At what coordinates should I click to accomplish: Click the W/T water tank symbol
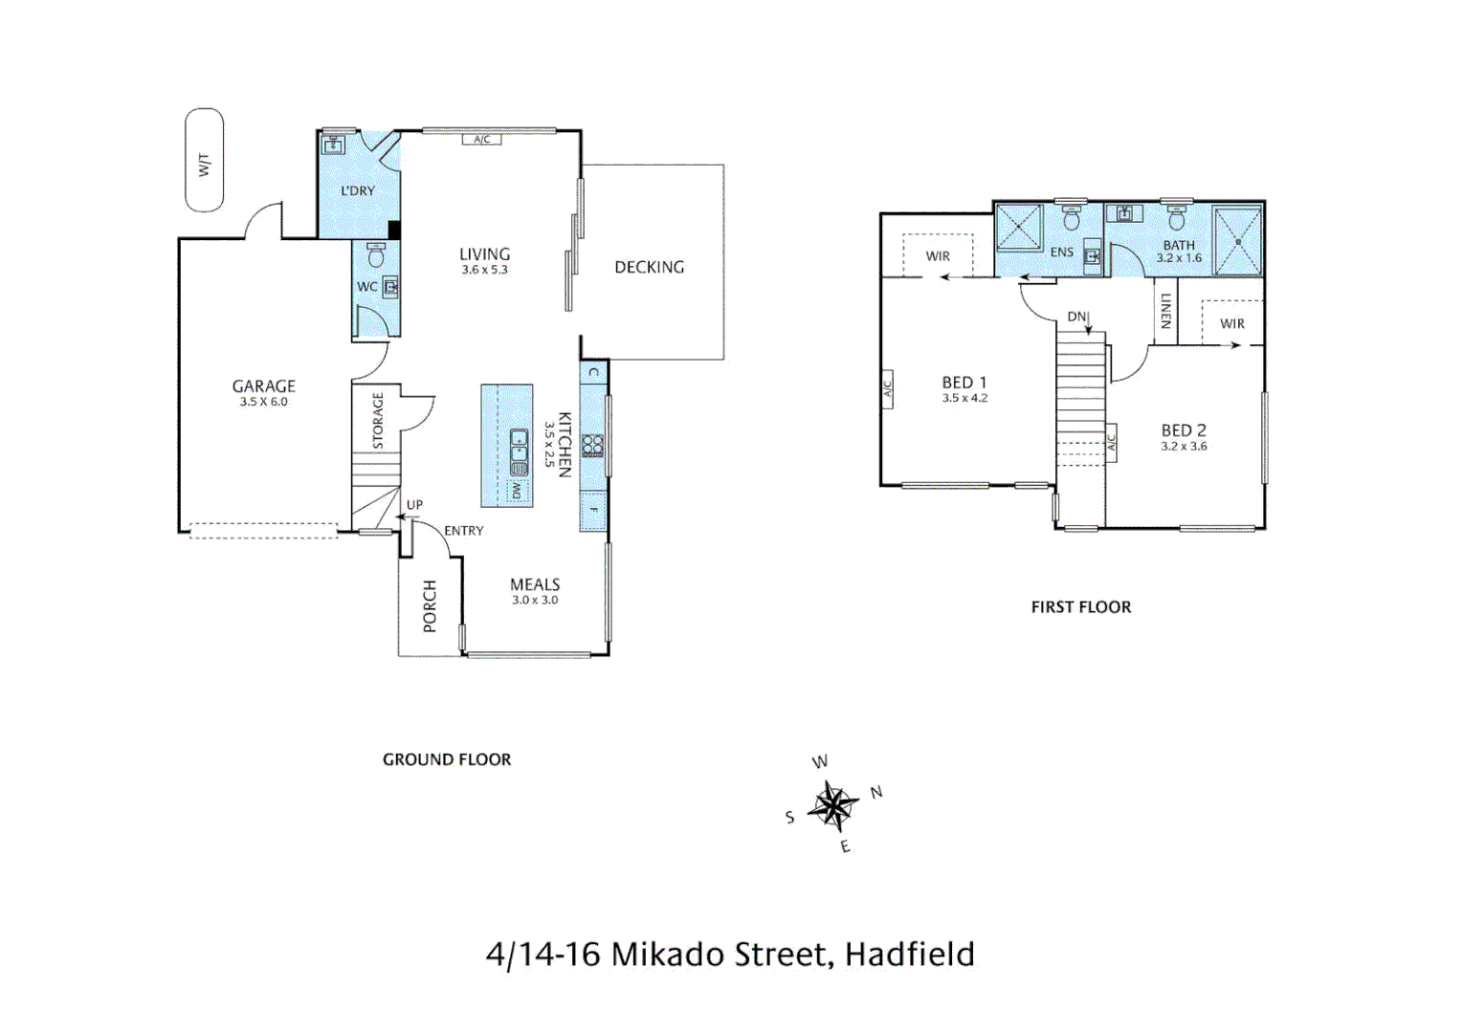(x=204, y=161)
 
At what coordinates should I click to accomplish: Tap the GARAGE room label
(x=263, y=386)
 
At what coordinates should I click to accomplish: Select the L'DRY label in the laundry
(x=358, y=191)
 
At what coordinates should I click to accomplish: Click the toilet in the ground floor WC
(x=376, y=255)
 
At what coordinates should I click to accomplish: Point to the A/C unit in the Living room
(x=482, y=140)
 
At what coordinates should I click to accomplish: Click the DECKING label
(x=649, y=268)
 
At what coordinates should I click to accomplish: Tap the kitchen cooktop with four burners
(x=593, y=446)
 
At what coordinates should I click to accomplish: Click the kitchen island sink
(x=519, y=452)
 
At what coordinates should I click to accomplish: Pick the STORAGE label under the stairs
(x=378, y=421)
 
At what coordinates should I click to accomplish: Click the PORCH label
(x=430, y=606)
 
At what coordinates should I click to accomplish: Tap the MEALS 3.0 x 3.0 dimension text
(x=535, y=601)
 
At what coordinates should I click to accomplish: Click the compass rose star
(x=833, y=806)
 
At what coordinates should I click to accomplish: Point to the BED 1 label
(x=964, y=383)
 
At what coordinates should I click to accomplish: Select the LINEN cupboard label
(x=1165, y=311)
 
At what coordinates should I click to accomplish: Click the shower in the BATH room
(x=1237, y=242)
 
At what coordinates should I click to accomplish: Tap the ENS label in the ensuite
(x=1061, y=253)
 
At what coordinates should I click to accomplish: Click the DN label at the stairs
(x=1077, y=317)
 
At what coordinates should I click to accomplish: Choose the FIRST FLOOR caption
(x=1080, y=607)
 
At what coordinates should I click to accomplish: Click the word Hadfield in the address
(x=909, y=955)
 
